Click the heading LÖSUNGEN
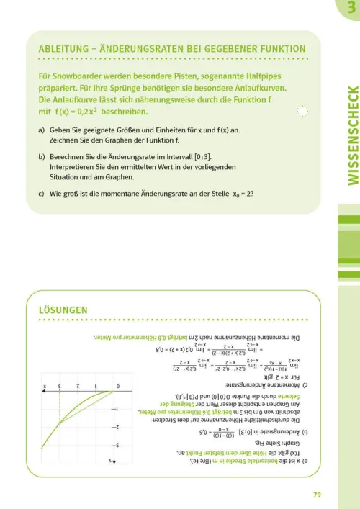pyautogui.click(x=63, y=310)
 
